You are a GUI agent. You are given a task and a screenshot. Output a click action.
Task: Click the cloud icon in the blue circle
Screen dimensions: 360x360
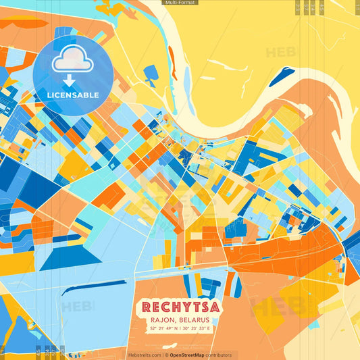[x=72, y=63]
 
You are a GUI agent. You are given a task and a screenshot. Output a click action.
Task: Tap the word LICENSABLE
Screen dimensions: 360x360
[x=72, y=95]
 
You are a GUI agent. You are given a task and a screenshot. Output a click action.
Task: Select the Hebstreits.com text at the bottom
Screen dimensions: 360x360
[x=144, y=355]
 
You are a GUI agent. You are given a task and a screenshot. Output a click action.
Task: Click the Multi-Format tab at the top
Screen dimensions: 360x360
[x=180, y=3]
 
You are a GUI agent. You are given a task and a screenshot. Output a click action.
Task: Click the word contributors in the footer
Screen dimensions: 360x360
[x=219, y=355]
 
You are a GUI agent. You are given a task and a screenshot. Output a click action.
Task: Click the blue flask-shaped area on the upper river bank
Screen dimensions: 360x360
[x=149, y=70]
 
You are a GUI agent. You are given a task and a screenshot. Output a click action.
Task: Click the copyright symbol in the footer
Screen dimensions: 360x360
[x=165, y=355]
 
